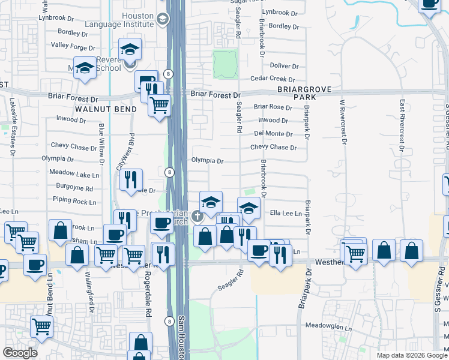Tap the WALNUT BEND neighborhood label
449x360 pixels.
tap(106, 109)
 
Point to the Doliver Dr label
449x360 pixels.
tap(284, 66)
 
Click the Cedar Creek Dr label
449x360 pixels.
tap(273, 79)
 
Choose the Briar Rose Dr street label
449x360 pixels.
tap(273, 108)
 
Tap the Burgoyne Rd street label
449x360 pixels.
tap(73, 188)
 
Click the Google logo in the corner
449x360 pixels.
tap(20, 353)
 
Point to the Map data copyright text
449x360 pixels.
tap(412, 355)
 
